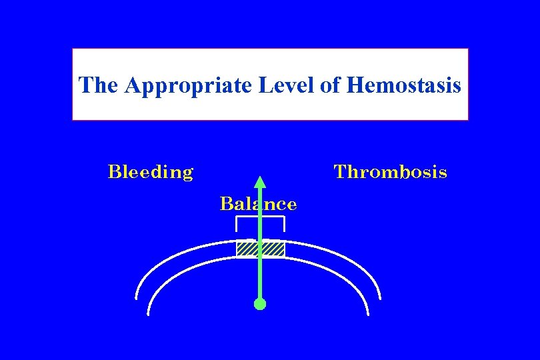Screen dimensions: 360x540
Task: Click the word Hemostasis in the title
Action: [x=404, y=85]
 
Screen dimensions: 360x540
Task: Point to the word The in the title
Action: [x=99, y=85]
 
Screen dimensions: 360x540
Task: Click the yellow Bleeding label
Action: [x=151, y=172]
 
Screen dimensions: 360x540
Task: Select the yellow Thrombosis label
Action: [x=390, y=172]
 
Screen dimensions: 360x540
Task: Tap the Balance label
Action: [x=258, y=203]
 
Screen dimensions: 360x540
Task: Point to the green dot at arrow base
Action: [x=260, y=304]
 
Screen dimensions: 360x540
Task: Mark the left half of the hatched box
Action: [x=247, y=249]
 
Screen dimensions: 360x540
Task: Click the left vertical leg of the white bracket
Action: [x=237, y=225]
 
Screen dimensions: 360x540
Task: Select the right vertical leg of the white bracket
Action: [x=285, y=225]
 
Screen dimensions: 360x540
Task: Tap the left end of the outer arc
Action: [x=136, y=297]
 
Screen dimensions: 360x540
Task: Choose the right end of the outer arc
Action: [x=380, y=297]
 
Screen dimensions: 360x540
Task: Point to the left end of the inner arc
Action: [x=148, y=313]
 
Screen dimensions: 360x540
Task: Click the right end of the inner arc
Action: [x=368, y=313]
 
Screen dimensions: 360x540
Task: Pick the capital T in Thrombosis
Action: [x=340, y=172]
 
